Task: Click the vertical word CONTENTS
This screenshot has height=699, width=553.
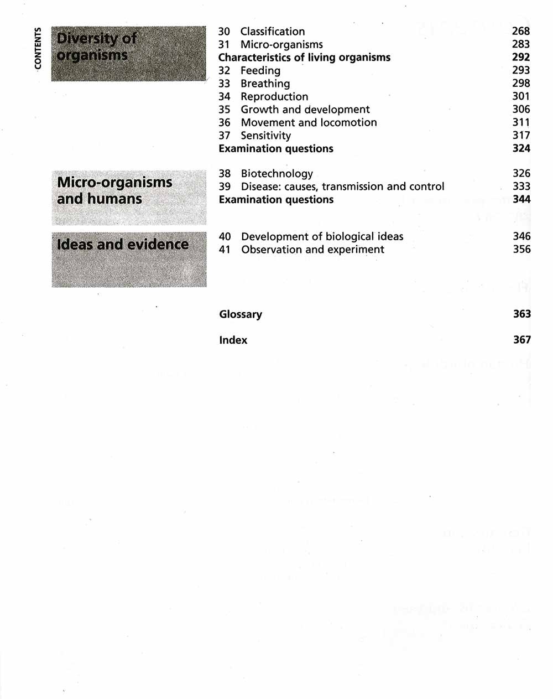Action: pos(38,49)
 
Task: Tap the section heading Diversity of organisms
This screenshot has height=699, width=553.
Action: pos(96,47)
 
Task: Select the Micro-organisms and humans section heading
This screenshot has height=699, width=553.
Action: pos(114,190)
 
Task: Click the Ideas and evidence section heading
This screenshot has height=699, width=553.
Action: pos(123,244)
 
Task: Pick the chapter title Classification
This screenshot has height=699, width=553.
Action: pos(273,32)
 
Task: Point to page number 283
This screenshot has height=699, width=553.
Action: pos(520,44)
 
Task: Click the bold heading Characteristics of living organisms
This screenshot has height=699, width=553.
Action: pos(304,58)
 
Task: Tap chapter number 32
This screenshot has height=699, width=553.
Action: pos(224,70)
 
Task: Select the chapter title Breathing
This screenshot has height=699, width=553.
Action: pos(265,84)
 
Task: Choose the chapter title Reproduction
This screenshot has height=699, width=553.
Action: pos(274,96)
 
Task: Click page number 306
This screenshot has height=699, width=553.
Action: pos(521,109)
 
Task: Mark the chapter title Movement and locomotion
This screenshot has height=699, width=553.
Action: pos(309,122)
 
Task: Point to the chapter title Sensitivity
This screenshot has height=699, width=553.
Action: pos(265,136)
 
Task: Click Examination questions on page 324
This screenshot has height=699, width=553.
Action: pos(276,148)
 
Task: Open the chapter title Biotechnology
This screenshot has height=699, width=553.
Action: pos(276,174)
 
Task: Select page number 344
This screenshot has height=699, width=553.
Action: pos(521,199)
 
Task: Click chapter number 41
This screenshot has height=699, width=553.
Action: pos(225,250)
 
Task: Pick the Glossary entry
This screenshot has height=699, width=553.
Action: pos(241,314)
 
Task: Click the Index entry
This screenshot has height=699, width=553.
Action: pos(233,340)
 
